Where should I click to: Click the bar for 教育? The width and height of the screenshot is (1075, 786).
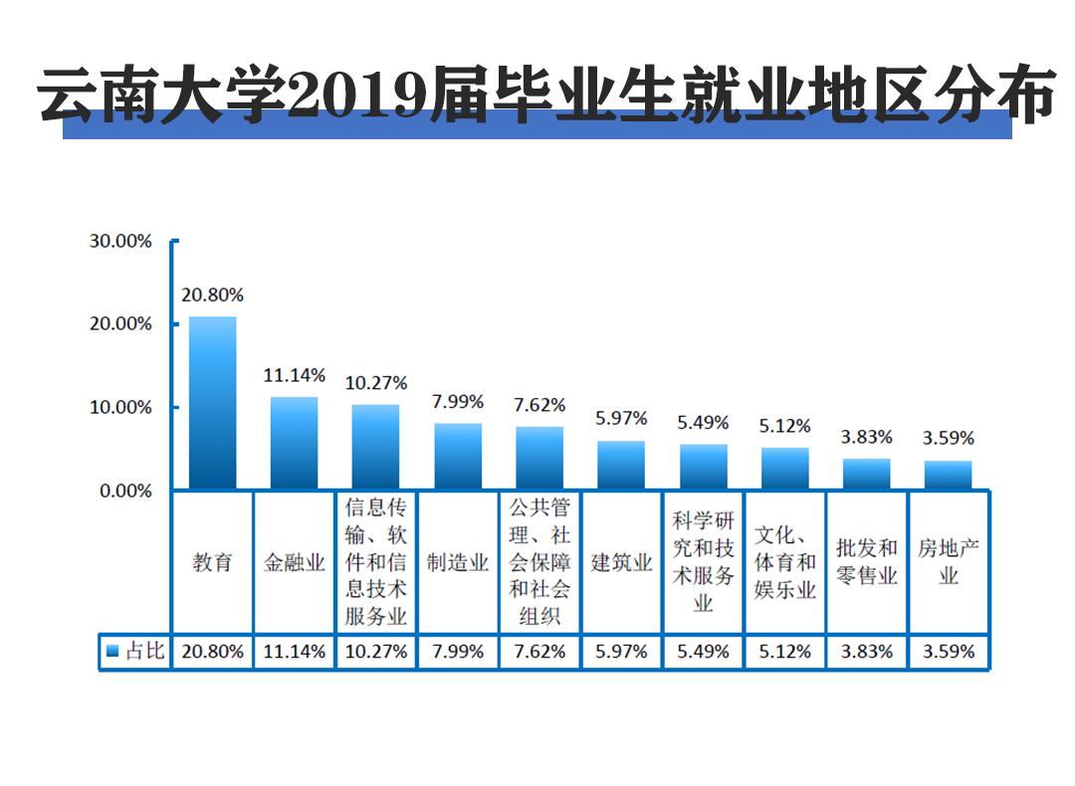coord(213,403)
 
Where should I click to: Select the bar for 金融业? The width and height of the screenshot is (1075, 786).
coord(295,443)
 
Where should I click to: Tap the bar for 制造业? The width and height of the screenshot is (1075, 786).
coord(458,456)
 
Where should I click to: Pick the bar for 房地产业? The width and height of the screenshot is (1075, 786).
coord(948,475)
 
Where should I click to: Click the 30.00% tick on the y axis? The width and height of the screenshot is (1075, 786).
coord(120,241)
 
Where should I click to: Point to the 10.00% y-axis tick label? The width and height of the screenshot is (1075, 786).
coord(120,408)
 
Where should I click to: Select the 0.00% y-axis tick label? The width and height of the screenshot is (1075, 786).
coord(125,491)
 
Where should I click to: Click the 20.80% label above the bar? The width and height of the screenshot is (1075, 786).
coord(212,295)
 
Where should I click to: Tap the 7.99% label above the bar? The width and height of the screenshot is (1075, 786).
coord(458,402)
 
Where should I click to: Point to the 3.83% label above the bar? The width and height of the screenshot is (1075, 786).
coord(866,437)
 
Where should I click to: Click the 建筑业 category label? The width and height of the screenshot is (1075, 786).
coord(621,562)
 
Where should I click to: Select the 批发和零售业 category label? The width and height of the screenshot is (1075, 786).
coord(866,562)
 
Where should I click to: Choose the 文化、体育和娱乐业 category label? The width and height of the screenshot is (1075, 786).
coord(784,562)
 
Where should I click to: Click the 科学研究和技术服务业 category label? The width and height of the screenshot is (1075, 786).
coord(703,562)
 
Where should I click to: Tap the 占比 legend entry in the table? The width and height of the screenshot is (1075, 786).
coord(135,652)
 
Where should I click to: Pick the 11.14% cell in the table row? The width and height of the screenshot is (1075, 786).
coord(295,652)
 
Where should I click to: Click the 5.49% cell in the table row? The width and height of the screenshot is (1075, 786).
coord(703,652)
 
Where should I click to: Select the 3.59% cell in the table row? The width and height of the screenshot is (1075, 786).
coord(948,652)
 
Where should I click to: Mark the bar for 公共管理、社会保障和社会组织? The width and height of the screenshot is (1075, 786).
coord(539,458)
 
